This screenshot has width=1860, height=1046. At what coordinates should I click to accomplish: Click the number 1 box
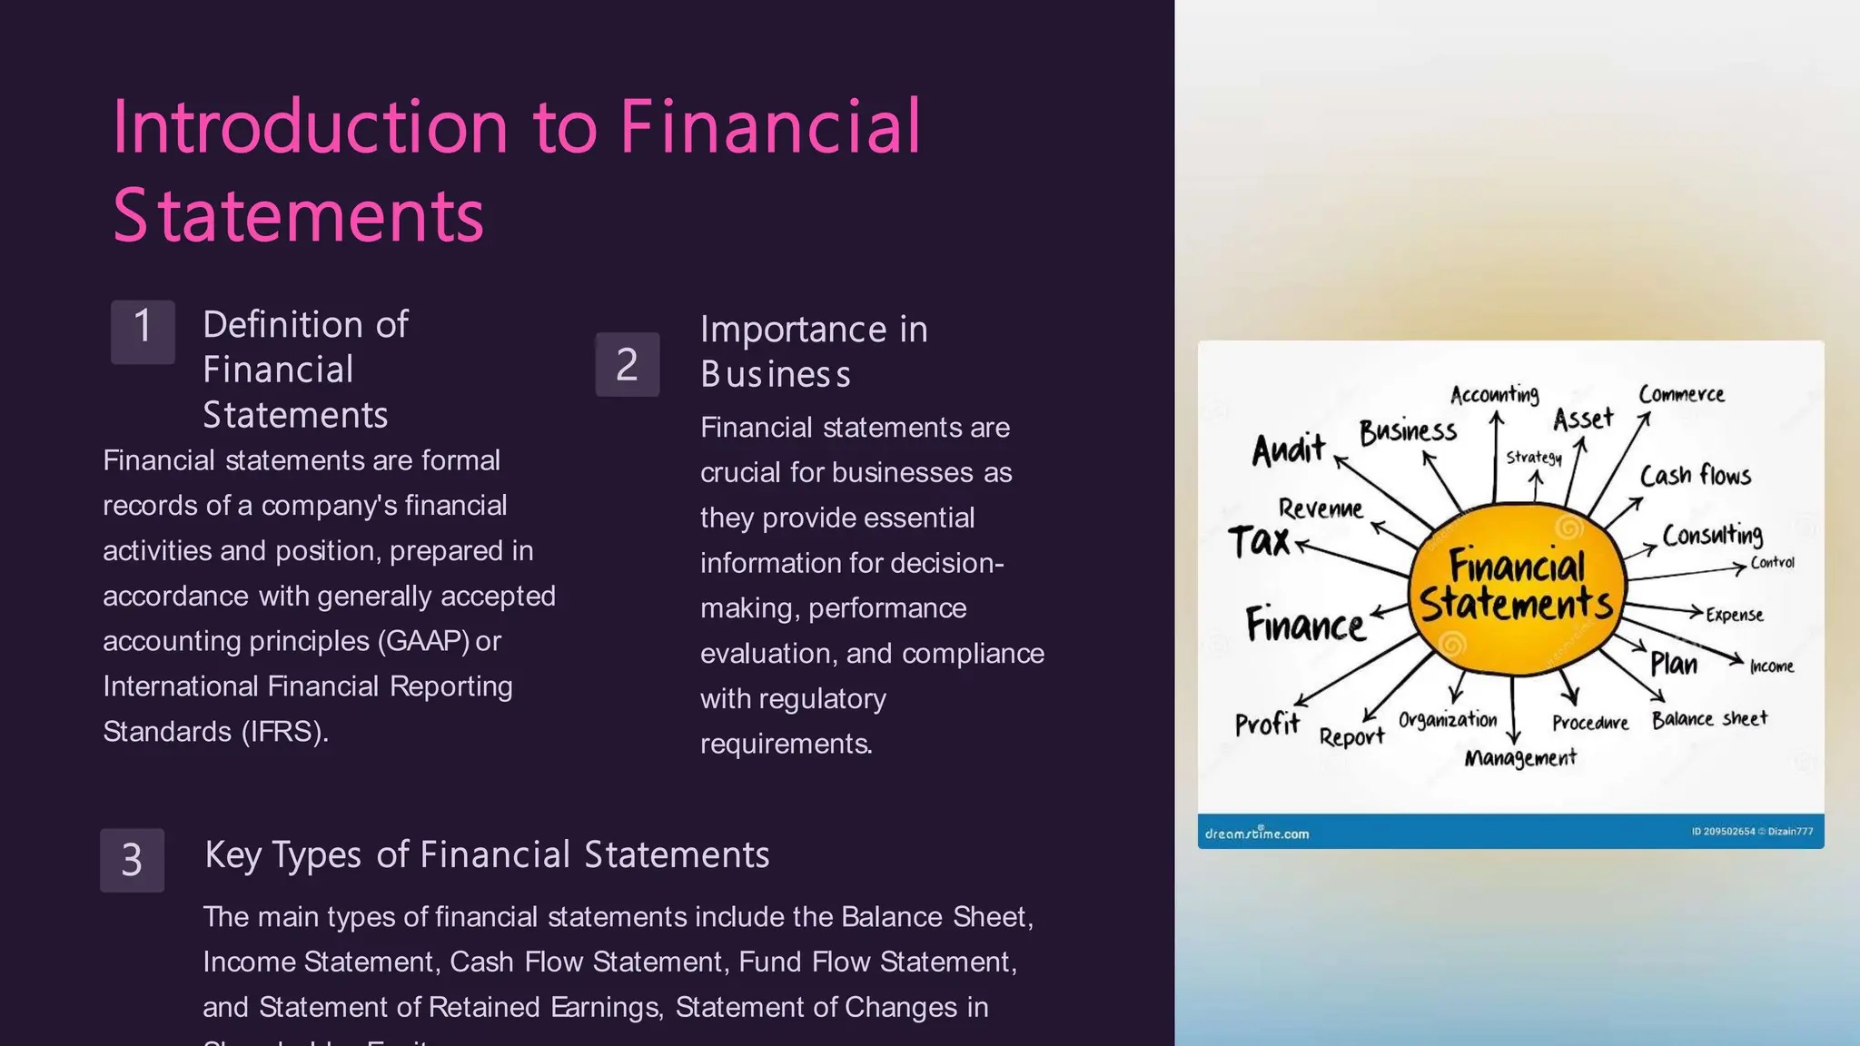[x=143, y=331]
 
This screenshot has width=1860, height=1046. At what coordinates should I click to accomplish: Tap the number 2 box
[x=627, y=364]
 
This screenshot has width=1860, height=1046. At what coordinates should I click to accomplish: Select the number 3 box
[x=132, y=859]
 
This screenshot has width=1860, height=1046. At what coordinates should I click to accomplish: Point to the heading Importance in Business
[x=813, y=350]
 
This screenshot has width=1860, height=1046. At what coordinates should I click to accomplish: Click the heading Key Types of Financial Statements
[x=487, y=854]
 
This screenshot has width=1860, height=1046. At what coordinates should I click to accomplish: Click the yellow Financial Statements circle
[x=1516, y=588]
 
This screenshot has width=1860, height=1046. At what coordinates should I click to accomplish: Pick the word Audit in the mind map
[x=1288, y=449]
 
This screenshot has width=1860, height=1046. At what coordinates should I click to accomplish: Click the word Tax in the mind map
[x=1259, y=541]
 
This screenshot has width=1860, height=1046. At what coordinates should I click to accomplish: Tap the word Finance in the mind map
[x=1304, y=625]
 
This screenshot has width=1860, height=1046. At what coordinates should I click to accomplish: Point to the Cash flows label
[x=1695, y=475]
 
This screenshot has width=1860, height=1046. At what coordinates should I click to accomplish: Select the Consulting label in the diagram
[x=1712, y=534]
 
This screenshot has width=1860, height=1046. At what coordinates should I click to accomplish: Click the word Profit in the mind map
[x=1267, y=724]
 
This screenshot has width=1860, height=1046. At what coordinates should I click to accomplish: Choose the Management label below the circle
[x=1520, y=757]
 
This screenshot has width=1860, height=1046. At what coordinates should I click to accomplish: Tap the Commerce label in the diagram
[x=1681, y=394]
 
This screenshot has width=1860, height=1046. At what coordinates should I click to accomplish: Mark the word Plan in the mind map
[x=1673, y=664]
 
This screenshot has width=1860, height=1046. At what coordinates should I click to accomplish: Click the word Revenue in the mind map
[x=1321, y=508]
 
